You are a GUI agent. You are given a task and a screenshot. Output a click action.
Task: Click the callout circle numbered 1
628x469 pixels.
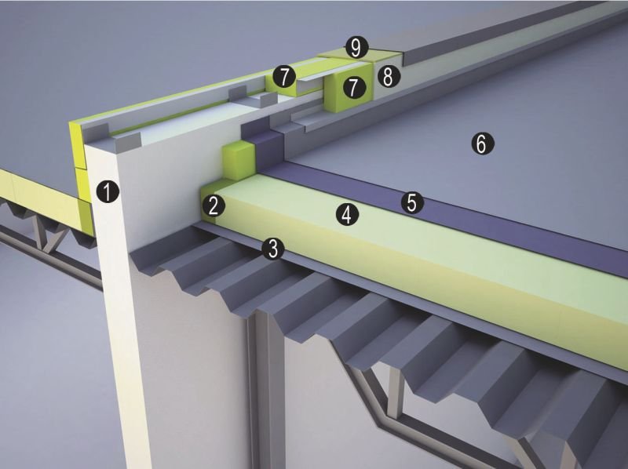108,191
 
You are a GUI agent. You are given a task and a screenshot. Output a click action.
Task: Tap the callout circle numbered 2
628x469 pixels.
214,205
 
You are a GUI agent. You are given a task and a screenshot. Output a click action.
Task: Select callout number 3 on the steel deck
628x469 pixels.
272,249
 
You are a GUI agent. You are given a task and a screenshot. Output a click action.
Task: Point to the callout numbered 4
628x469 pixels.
347,214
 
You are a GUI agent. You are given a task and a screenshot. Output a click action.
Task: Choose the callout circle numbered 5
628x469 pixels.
412,202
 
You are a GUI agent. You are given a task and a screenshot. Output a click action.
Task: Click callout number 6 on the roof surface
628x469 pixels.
483,144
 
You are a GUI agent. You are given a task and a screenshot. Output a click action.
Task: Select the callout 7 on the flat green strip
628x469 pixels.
284,77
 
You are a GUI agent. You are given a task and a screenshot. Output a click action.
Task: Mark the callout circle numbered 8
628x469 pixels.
388,76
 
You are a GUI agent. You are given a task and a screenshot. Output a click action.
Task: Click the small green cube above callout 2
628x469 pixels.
239,161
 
